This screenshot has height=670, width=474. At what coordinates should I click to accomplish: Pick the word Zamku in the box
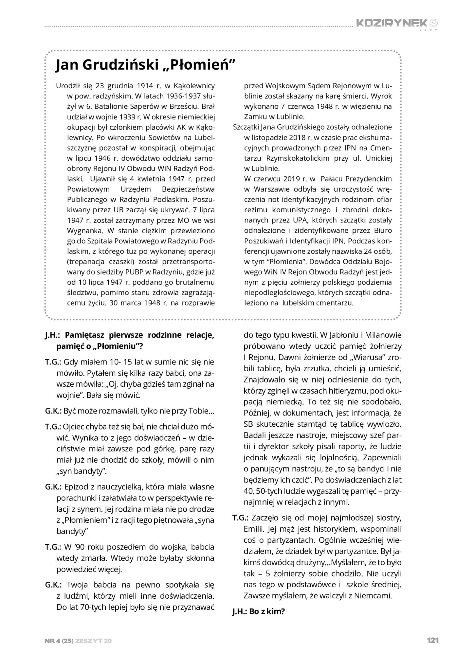254,117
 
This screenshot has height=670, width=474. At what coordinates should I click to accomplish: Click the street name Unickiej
379,158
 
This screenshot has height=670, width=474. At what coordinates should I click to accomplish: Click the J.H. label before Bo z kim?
240,611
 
